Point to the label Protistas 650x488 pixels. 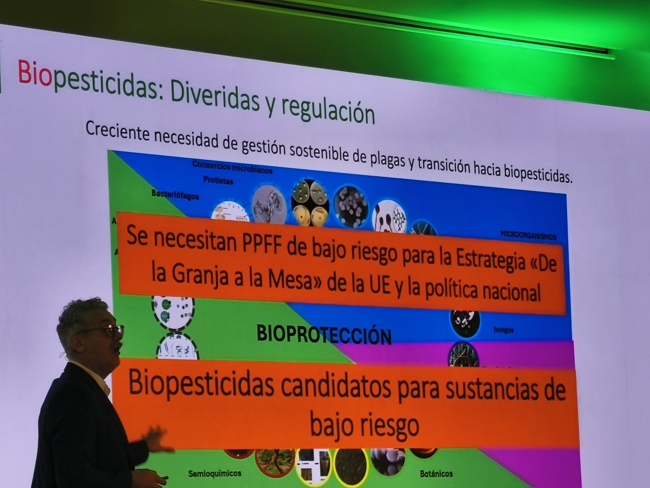218,180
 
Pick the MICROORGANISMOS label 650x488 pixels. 528,236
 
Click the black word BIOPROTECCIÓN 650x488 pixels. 324,335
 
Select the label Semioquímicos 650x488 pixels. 214,473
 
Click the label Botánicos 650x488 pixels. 436,473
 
